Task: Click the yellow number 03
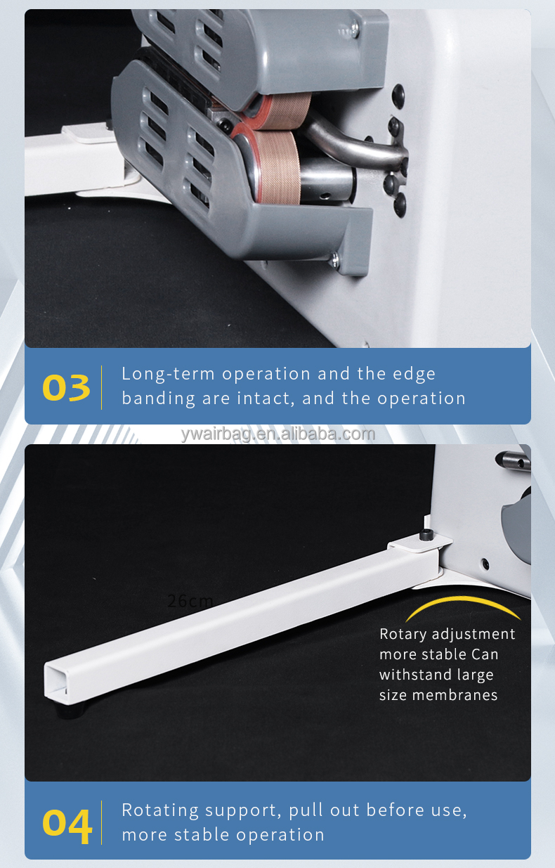point(66,387)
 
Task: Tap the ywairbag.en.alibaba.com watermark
point(277,434)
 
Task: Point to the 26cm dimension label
point(190,601)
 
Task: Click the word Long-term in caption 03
point(168,374)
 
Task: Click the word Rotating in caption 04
point(160,810)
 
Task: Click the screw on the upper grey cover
point(354,29)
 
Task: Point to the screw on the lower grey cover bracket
point(334,260)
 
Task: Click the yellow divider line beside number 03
point(101,387)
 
